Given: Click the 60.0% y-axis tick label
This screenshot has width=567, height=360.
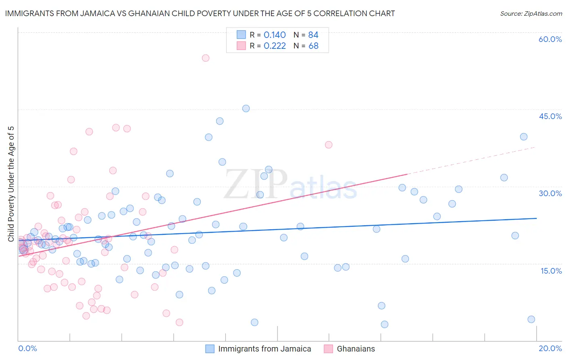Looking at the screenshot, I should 550,39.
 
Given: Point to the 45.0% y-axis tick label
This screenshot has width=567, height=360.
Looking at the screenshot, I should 550,116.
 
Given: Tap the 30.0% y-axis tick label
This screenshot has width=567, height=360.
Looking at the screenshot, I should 550,193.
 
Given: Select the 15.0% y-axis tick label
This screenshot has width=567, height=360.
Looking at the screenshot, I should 551,271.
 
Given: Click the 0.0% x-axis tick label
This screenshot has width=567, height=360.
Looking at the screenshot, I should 27,348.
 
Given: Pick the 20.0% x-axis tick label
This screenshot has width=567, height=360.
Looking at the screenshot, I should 550,348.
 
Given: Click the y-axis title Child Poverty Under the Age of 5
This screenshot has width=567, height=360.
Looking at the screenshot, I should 11,184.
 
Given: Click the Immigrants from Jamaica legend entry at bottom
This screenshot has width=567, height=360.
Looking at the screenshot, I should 264,349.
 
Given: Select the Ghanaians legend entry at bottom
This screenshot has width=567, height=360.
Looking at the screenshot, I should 355,349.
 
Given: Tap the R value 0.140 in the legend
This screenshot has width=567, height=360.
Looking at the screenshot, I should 275,35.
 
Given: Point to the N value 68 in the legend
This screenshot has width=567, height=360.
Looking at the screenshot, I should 313,46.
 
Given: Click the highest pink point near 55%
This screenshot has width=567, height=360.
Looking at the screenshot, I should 206,58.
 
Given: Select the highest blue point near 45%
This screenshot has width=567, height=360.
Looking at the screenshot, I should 246,109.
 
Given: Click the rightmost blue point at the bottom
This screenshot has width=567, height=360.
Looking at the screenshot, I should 531,319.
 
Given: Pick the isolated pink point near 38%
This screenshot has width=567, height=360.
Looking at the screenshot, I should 329,145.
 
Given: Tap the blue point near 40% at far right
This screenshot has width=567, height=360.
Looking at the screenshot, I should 523,137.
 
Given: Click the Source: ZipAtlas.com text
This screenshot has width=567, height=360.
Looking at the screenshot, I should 531,14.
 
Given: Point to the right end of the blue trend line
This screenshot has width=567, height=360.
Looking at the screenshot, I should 536,218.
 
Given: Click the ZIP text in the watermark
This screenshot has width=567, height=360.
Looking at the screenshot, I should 256,184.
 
